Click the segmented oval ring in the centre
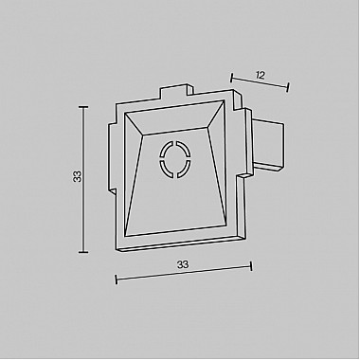(176, 158)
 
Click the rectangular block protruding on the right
(268, 145)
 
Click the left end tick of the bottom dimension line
(116, 279)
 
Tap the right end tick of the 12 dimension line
(287, 88)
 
